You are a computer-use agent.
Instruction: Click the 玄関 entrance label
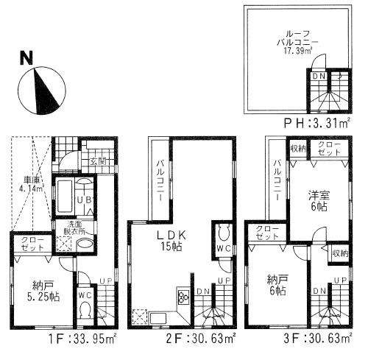click(97, 162)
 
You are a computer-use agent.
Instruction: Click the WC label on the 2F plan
click(224, 249)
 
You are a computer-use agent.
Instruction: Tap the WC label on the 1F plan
click(85, 296)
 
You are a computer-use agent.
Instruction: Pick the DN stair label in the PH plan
click(318, 76)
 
